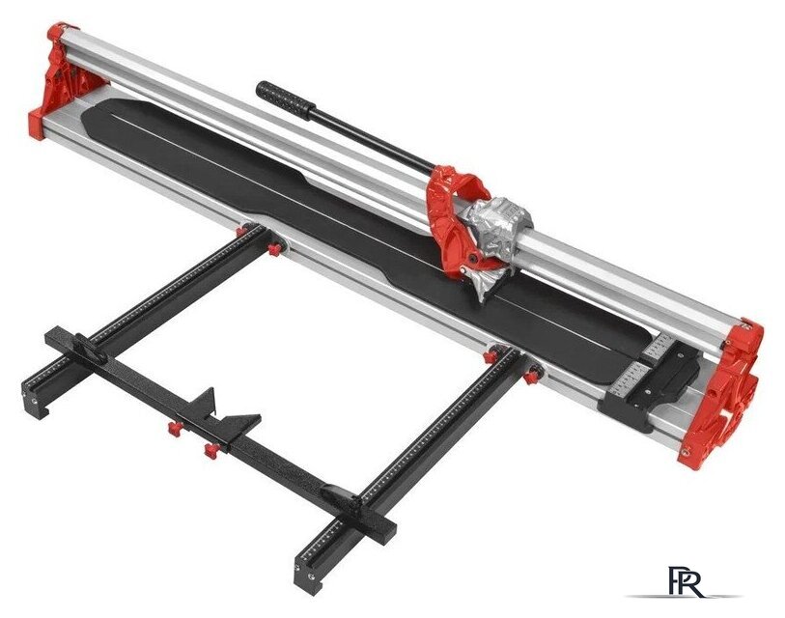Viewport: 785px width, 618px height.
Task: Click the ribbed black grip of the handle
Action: (x=282, y=98)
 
